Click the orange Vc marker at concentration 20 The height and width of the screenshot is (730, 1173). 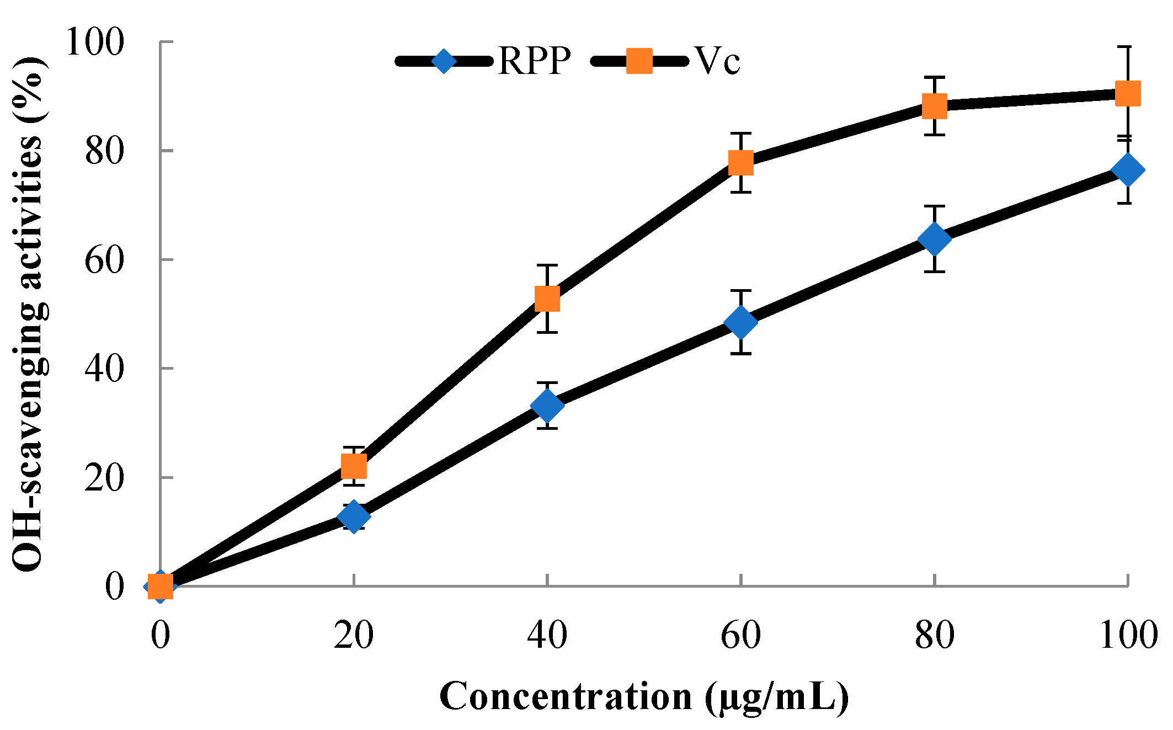354,466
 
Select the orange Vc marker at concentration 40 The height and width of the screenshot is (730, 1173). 547,299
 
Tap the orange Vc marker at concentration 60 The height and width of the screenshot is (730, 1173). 741,163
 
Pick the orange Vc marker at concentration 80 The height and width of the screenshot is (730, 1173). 935,105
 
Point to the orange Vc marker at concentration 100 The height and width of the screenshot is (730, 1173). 1128,94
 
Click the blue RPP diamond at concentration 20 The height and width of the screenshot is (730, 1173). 354,516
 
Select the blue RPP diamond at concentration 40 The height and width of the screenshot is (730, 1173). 547,406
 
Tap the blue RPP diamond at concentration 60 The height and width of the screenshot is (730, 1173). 741,322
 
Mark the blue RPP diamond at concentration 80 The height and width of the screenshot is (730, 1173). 935,239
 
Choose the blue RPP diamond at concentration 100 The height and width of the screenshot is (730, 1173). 1128,170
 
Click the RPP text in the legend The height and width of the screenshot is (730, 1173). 534,60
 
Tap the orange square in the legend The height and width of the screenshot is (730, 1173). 639,61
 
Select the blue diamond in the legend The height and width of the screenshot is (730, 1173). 444,61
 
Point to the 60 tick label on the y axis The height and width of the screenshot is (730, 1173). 103,260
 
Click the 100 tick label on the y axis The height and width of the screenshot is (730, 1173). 94,42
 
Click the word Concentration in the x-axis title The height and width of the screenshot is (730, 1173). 566,696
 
